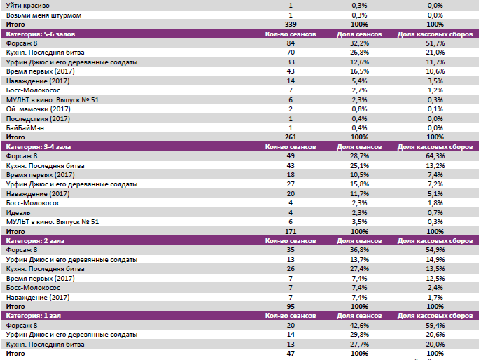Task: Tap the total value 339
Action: click(291, 24)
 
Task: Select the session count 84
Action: click(291, 43)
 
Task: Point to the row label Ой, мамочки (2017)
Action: click(38, 109)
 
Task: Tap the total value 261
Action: click(291, 136)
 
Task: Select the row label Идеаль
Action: click(18, 212)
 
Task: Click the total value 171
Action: click(291, 230)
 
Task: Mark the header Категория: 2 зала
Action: click(35, 240)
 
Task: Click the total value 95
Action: click(291, 306)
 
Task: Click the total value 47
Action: click(291, 354)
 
